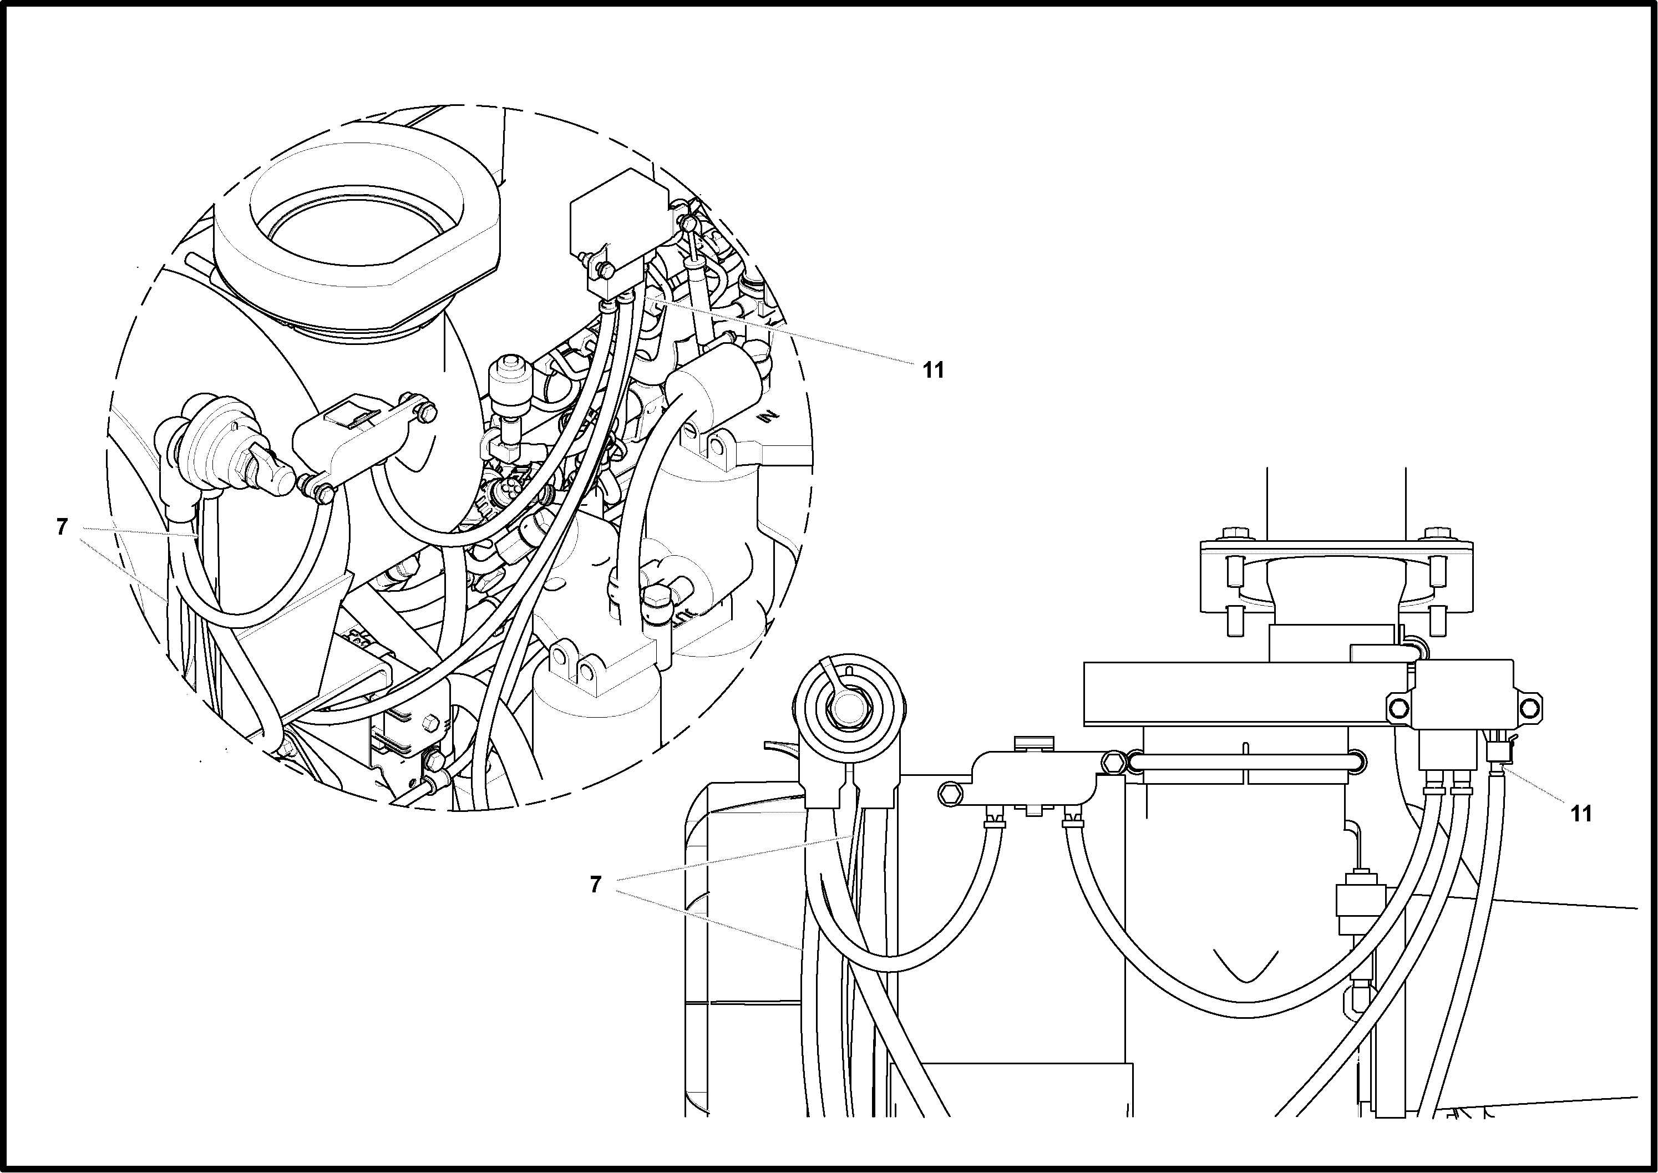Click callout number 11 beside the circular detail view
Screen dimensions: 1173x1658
(x=934, y=370)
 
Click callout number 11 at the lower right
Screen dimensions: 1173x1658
(x=1581, y=814)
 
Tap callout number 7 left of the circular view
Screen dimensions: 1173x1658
(x=62, y=527)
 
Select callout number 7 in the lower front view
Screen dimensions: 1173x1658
(x=595, y=884)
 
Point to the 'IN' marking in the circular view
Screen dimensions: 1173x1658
(x=770, y=417)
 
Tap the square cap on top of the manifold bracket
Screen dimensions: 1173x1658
(x=1035, y=743)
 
